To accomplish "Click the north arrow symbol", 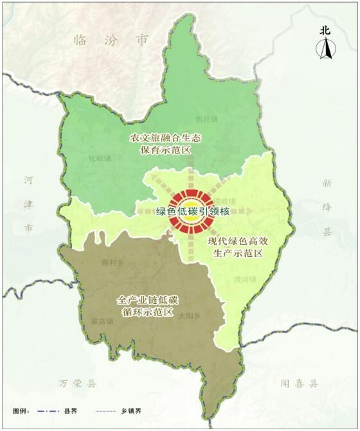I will (x=327, y=49).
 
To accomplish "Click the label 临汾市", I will (x=111, y=40).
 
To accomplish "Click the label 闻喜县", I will (x=300, y=383).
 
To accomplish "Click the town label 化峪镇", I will (x=100, y=158).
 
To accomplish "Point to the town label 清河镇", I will (x=246, y=279).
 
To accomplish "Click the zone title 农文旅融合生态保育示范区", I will (x=161, y=144).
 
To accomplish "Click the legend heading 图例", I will (x=22, y=410).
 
